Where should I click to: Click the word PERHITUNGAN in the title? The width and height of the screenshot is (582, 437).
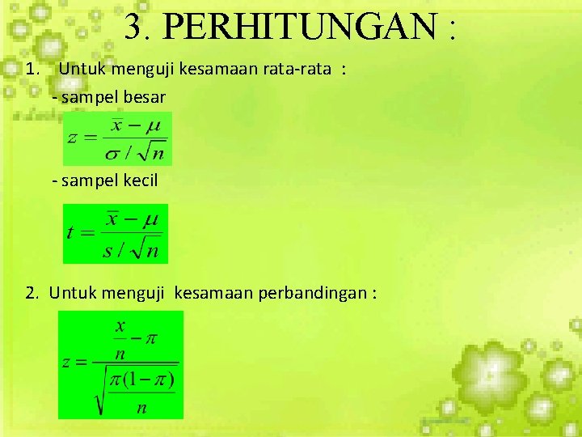coord(300,28)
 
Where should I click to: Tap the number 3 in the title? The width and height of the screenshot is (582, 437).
coord(134,28)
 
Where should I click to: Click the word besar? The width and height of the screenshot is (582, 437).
coord(144,97)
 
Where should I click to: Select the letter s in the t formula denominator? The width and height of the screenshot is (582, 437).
coord(108,251)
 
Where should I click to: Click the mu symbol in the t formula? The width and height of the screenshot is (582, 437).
coord(151,218)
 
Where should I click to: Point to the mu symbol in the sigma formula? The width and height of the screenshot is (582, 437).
coord(153,125)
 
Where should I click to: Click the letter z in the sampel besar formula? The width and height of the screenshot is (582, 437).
coord(72,138)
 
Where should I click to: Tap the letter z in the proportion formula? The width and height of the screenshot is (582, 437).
coord(68,362)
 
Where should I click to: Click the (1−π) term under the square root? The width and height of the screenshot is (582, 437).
coord(154,379)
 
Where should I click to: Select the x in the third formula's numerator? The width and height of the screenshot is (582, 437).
coord(120,326)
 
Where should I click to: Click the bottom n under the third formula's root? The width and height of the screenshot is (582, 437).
coord(141,407)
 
